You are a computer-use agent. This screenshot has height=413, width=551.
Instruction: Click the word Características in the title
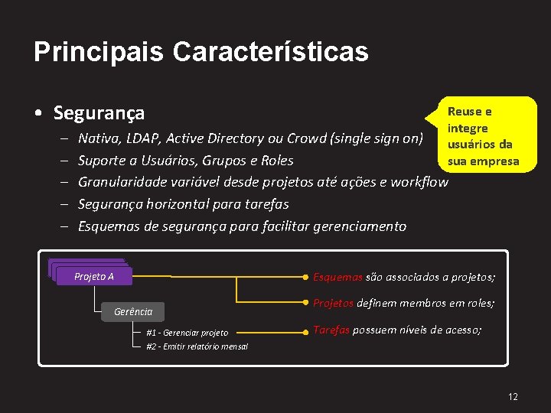point(270,52)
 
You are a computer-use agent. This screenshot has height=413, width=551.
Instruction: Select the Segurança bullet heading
point(99,114)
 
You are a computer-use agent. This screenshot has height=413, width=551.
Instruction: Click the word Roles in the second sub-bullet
point(277,161)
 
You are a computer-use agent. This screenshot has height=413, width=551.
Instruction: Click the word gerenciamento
point(361,226)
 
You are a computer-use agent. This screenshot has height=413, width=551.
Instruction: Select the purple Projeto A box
point(93,276)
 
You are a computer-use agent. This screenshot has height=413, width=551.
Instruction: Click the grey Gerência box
point(133,311)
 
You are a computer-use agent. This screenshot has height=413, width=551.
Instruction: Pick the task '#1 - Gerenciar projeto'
point(187,333)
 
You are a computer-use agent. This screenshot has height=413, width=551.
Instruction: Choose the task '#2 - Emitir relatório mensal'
point(197,346)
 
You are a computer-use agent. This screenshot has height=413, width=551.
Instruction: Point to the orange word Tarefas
point(331,330)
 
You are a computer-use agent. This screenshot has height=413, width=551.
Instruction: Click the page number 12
point(513,396)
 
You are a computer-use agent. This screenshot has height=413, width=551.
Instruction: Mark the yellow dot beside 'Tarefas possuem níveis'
point(306,331)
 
